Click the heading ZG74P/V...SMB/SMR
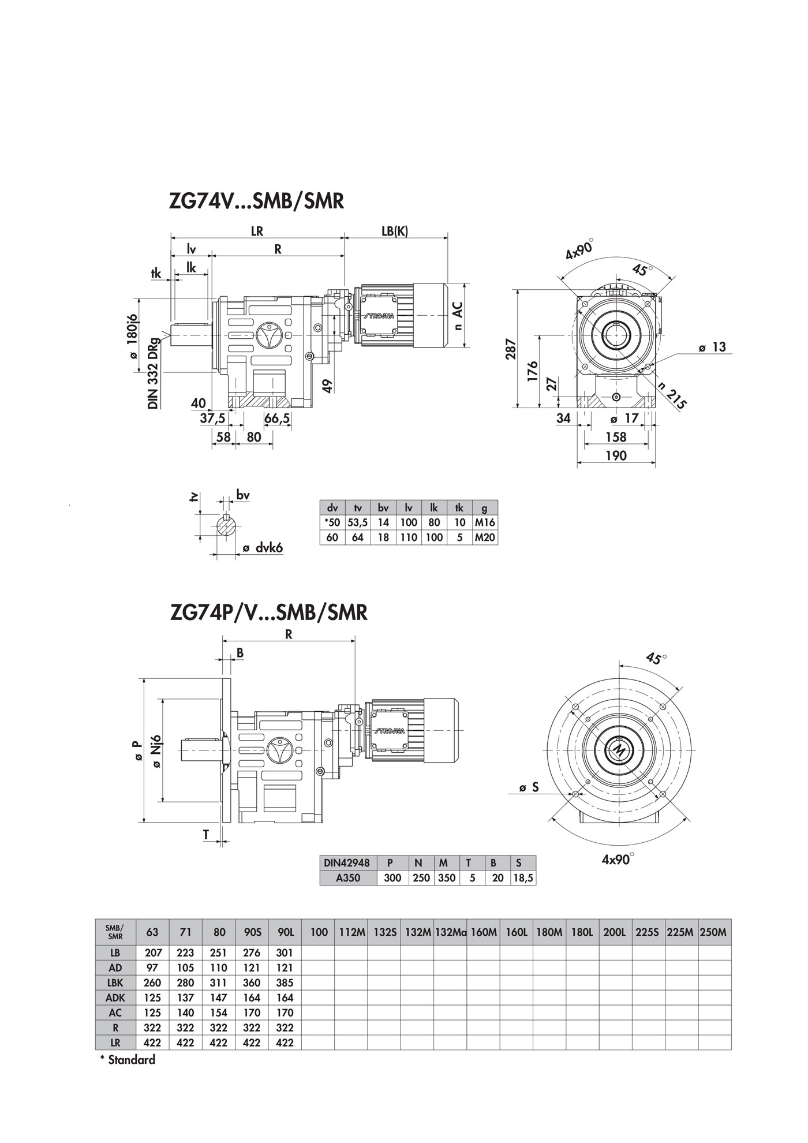point(269,612)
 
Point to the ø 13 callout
point(712,348)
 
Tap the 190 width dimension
point(616,455)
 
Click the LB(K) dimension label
point(395,231)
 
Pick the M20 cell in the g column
point(485,537)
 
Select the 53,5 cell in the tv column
point(358,522)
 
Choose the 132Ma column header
point(450,932)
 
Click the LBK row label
point(115,983)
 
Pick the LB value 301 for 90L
point(285,952)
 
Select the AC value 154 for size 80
point(219,1013)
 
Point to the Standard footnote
point(128,1060)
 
